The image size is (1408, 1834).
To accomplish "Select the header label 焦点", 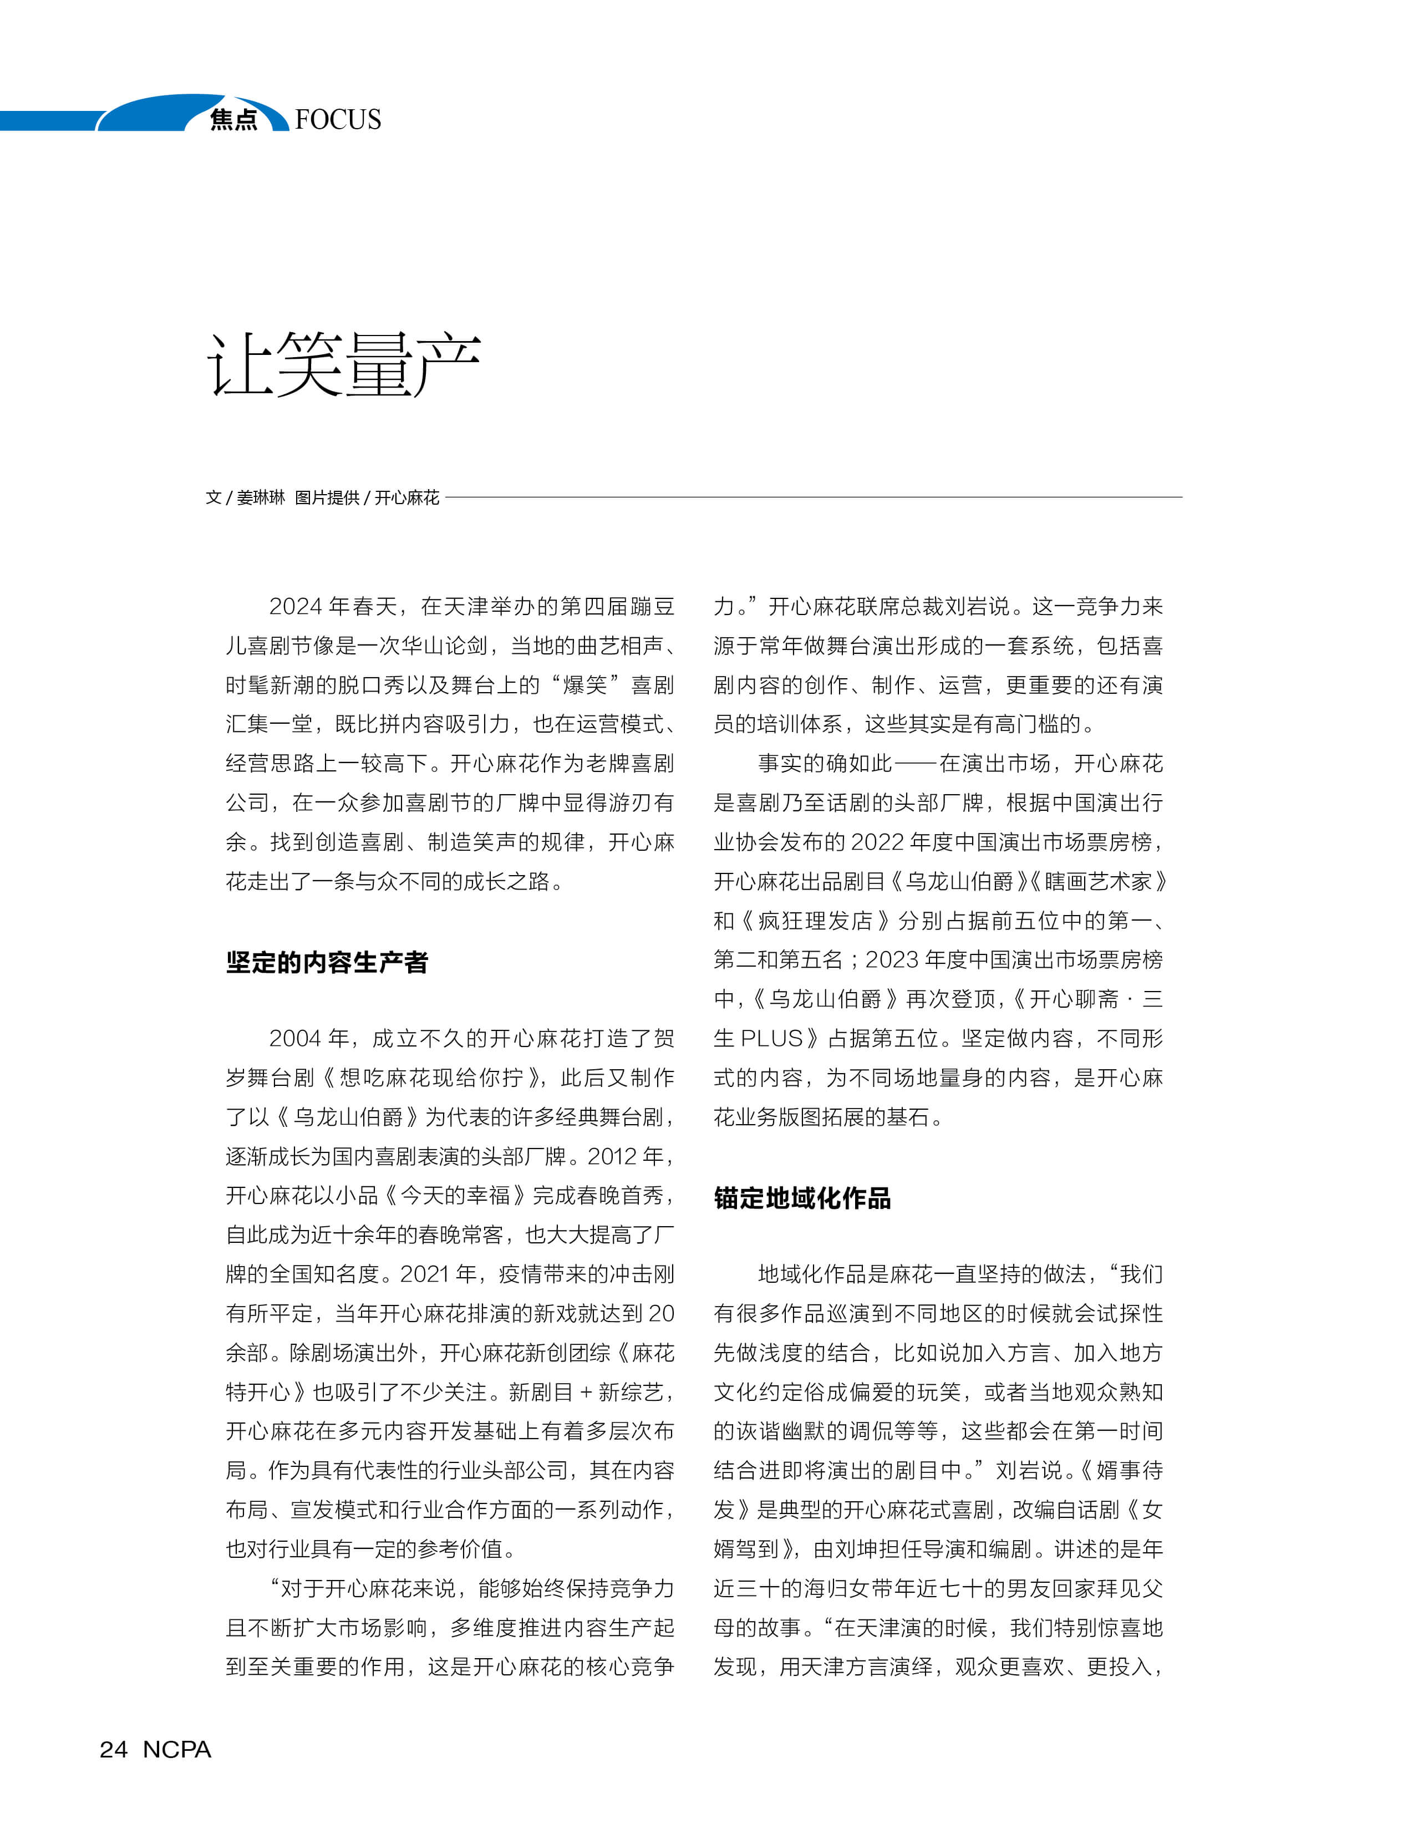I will pyautogui.click(x=234, y=120).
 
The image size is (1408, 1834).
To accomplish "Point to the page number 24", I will pyautogui.click(x=114, y=1749).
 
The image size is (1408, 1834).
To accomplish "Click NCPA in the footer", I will pyautogui.click(x=177, y=1749).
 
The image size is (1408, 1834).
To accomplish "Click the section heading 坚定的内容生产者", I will pyautogui.click(x=327, y=962).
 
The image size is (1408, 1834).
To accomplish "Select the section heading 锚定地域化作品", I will pyautogui.click(x=802, y=1198).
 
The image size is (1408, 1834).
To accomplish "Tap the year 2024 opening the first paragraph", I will pyautogui.click(x=295, y=606).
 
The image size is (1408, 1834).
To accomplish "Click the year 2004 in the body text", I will pyautogui.click(x=295, y=1039).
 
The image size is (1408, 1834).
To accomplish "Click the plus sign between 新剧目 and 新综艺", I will pyautogui.click(x=586, y=1392).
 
